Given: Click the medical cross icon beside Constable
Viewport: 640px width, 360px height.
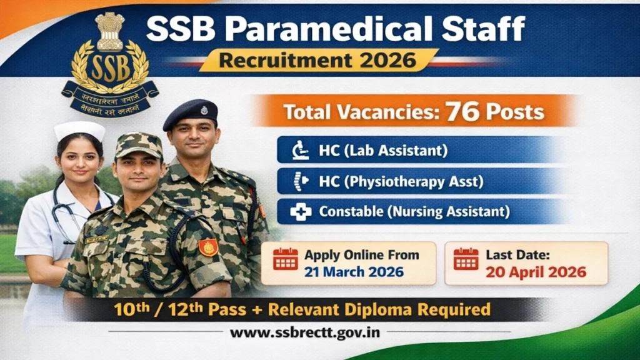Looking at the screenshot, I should [x=300, y=212].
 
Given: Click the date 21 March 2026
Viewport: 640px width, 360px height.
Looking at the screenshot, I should [x=354, y=272].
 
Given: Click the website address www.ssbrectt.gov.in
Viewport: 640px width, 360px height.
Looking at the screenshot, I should [x=304, y=332].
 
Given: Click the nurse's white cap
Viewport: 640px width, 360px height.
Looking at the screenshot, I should [x=79, y=130].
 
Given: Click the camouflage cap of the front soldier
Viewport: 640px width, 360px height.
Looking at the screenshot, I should [x=138, y=145].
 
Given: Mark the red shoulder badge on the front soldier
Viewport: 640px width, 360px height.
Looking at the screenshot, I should [x=208, y=247].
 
